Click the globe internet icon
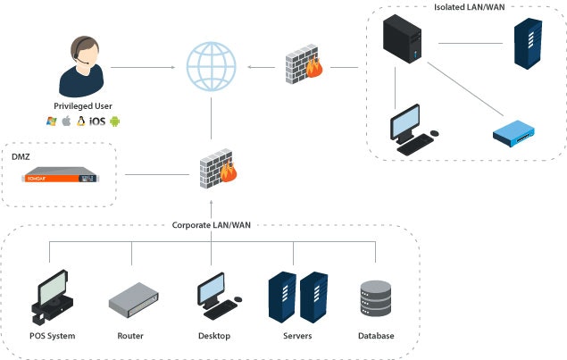[212, 65]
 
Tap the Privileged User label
[82, 105]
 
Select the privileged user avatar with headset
[82, 66]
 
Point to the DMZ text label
[21, 156]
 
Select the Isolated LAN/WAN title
[469, 8]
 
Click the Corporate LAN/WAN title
[211, 225]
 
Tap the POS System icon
[51, 298]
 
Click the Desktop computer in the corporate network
[214, 298]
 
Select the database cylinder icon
[375, 301]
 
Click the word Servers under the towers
[298, 336]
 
